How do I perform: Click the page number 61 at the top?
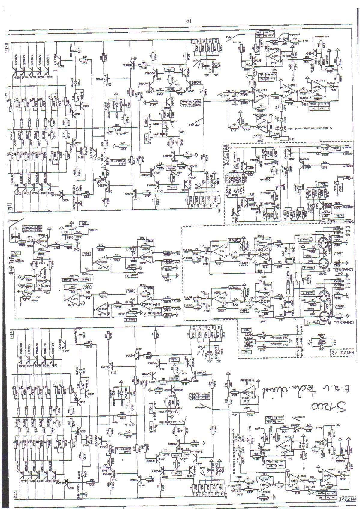tap(189, 21)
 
